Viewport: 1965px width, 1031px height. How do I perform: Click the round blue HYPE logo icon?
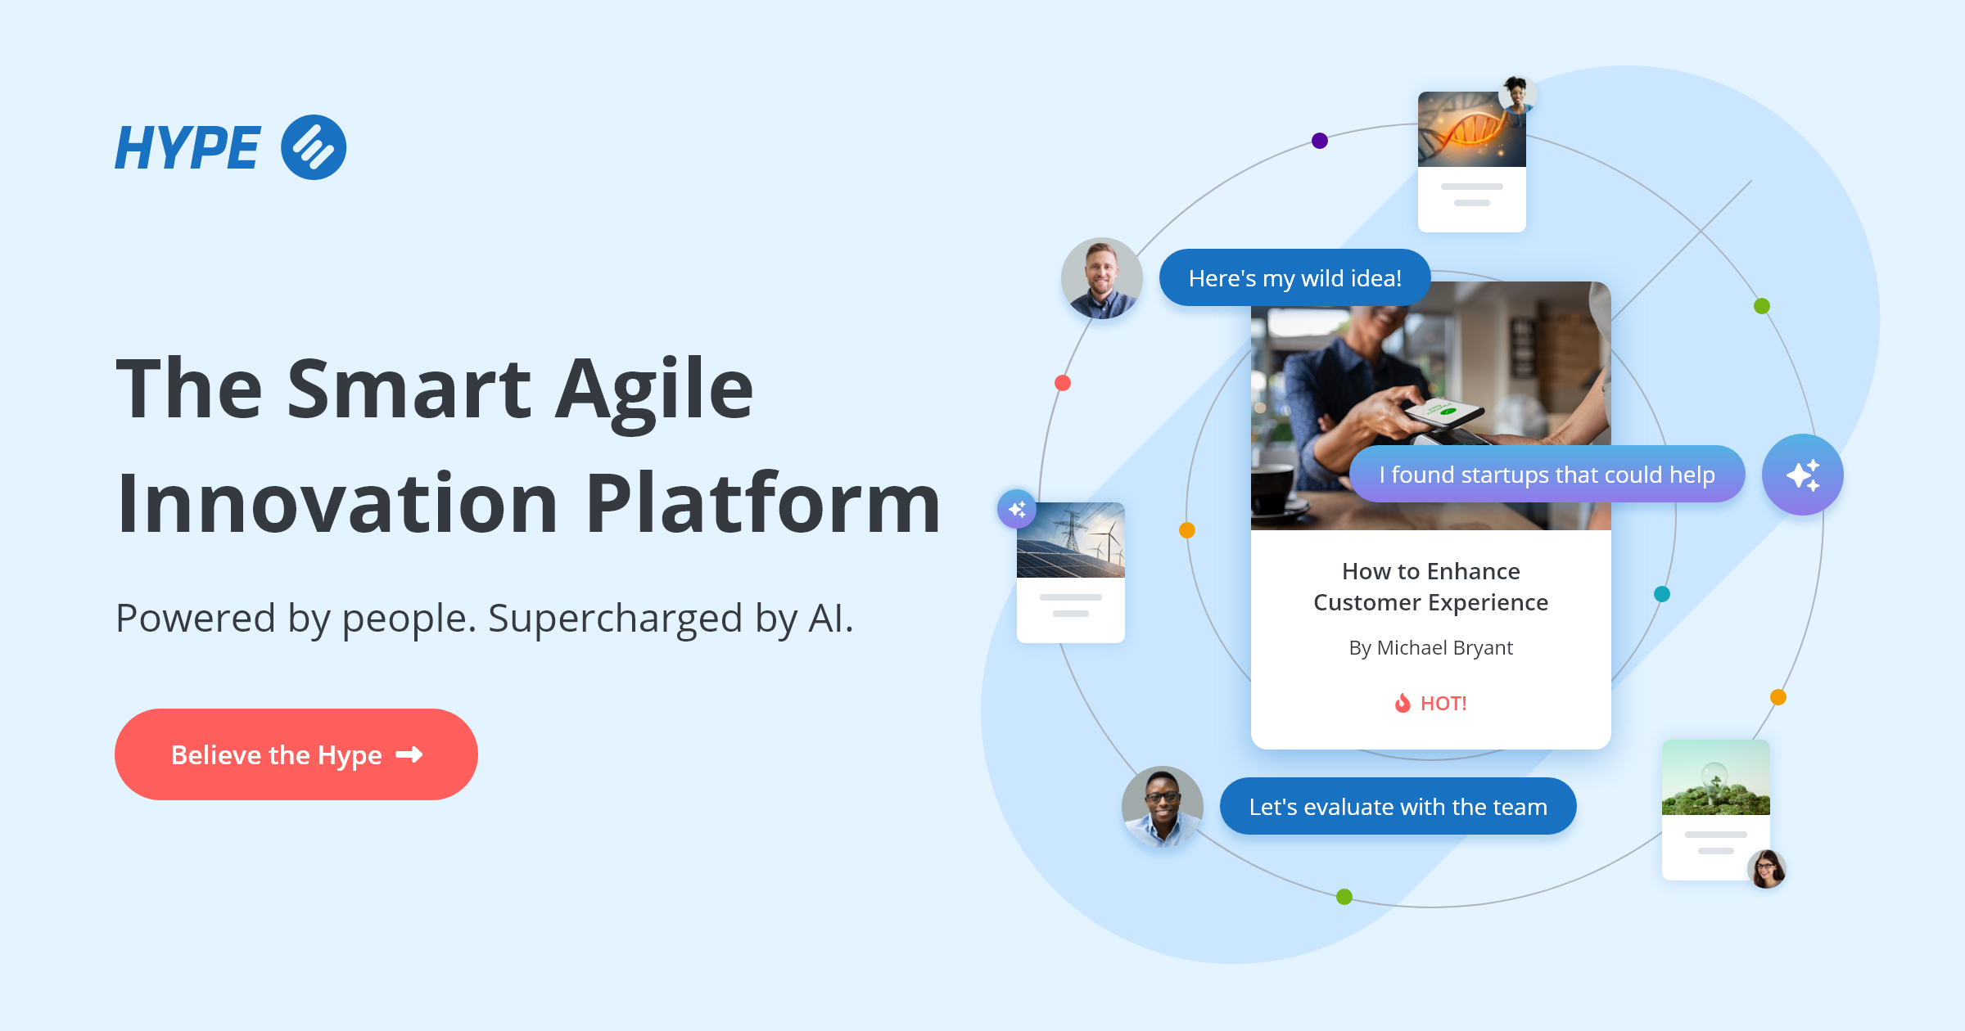pyautogui.click(x=314, y=147)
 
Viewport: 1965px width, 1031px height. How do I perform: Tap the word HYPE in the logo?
pyautogui.click(x=187, y=148)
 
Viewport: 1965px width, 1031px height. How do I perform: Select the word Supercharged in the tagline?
pyautogui.click(x=615, y=618)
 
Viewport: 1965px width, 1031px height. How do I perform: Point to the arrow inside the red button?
pyautogui.click(x=409, y=754)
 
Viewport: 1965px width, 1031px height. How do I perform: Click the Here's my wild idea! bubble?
pyautogui.click(x=1294, y=278)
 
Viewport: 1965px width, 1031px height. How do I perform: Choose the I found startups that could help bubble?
pyautogui.click(x=1547, y=475)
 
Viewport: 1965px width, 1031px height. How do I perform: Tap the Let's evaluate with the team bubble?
pyautogui.click(x=1398, y=807)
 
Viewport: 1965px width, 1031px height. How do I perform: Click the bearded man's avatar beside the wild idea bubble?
pyautogui.click(x=1101, y=278)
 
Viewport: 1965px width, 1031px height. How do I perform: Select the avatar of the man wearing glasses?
pyautogui.click(x=1162, y=806)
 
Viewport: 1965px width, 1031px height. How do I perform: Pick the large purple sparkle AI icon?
pyautogui.click(x=1802, y=475)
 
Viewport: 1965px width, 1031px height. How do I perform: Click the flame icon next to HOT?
pyautogui.click(x=1403, y=703)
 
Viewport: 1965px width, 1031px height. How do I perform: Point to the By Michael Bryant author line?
pyautogui.click(x=1430, y=648)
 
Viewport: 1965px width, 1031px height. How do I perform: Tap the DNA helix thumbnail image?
pyautogui.click(x=1471, y=130)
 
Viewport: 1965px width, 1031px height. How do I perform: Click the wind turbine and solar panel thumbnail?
pyautogui.click(x=1070, y=541)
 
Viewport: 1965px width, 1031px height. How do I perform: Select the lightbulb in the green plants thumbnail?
pyautogui.click(x=1715, y=778)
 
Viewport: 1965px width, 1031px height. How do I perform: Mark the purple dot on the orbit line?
pyautogui.click(x=1320, y=141)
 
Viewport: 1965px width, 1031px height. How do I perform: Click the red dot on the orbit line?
pyautogui.click(x=1063, y=383)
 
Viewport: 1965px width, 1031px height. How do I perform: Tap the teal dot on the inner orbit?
pyautogui.click(x=1662, y=594)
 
